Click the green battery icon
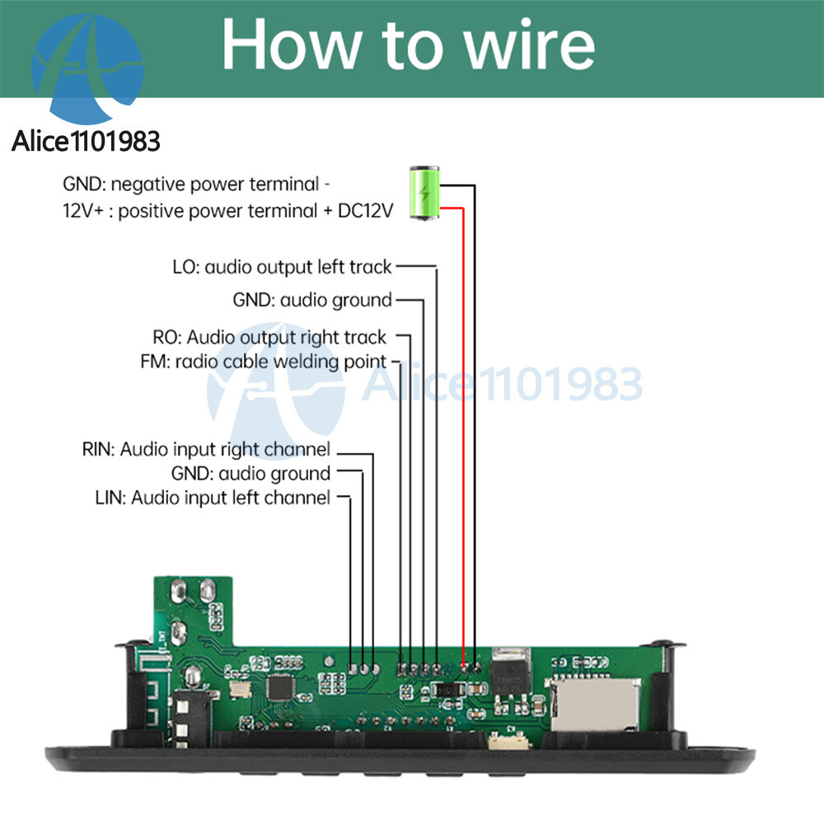coord(425,194)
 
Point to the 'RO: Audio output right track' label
coord(269,337)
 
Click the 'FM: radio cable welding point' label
coord(264,361)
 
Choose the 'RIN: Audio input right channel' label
coord(206,450)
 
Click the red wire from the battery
coord(464,412)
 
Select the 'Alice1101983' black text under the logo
coord(86,141)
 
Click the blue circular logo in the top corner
coord(86,66)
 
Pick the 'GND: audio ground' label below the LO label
coord(312,300)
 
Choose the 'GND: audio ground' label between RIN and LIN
coord(250,474)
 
